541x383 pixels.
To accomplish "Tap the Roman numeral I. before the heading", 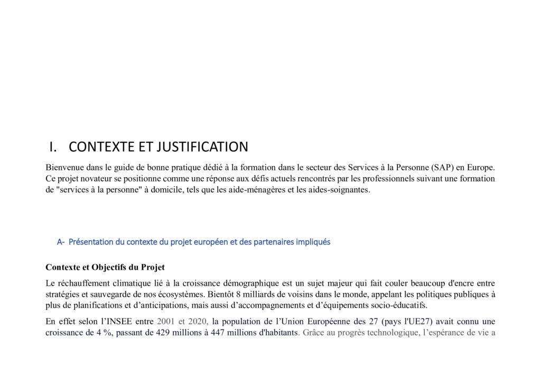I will pos(53,147).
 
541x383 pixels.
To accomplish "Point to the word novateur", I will pos(98,178).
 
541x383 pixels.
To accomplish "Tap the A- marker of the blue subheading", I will pos(61,242).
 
